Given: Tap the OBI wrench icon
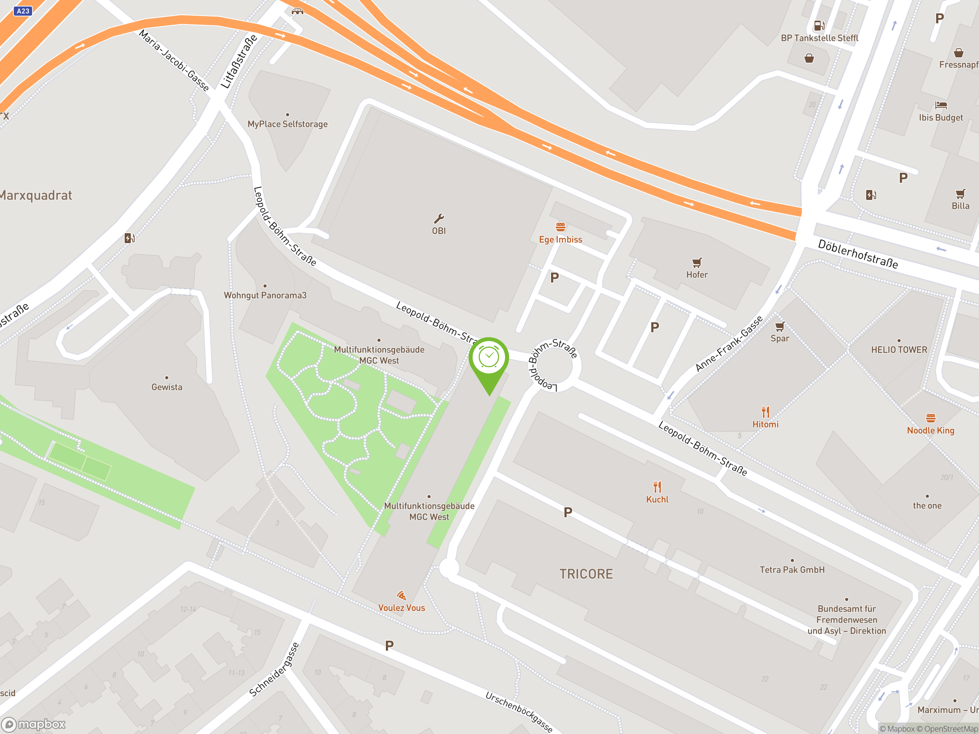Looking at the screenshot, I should point(439,219).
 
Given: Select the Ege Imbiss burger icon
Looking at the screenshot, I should point(560,227).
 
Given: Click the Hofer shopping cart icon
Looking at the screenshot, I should point(697,263).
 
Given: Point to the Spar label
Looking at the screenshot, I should point(779,338).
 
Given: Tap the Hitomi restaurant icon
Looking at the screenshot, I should point(765,412).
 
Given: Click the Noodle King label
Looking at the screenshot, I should point(930,430).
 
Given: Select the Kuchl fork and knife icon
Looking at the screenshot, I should point(657,487).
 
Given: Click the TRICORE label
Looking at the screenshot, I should point(586,574).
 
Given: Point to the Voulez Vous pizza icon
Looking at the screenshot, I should point(402,596).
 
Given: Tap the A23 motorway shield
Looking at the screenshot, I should point(23,11).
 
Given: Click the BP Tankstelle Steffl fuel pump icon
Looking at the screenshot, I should point(819,26).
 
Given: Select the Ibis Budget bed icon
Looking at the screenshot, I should point(940,105).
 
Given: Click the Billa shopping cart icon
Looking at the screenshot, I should point(960,194).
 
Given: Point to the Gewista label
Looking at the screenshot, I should point(166,387).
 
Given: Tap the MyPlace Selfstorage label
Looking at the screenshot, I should point(288,124).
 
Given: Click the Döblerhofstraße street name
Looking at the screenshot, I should point(858,254).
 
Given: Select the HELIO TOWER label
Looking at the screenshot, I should point(899,350).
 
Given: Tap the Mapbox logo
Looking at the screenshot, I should point(34,724).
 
